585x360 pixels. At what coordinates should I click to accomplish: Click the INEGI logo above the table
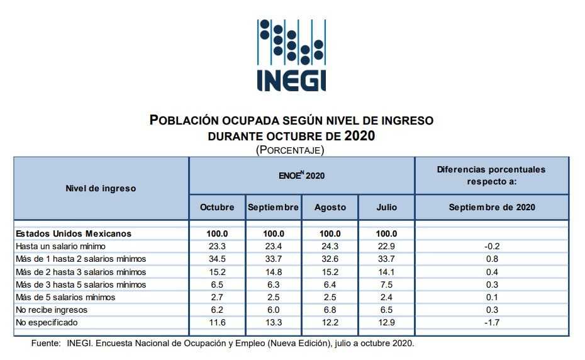(292, 55)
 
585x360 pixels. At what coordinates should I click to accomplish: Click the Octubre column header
(217, 207)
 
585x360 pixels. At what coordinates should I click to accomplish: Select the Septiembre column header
(273, 207)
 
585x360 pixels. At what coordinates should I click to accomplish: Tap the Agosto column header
(330, 207)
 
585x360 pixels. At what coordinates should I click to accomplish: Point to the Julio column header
(386, 207)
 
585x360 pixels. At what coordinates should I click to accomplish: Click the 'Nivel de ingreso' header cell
(101, 188)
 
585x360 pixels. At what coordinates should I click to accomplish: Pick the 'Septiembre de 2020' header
(492, 207)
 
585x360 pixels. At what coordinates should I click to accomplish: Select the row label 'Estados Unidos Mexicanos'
(74, 233)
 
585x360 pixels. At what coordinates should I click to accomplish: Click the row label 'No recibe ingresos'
(52, 310)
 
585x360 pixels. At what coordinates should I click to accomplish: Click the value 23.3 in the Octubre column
(217, 246)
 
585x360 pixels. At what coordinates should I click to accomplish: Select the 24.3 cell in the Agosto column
(330, 246)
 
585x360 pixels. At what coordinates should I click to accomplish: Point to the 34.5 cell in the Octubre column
(217, 259)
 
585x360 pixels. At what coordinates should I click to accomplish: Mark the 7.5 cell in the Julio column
(386, 284)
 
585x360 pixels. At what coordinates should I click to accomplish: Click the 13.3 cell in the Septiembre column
(273, 322)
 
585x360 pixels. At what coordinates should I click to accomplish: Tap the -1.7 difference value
(492, 322)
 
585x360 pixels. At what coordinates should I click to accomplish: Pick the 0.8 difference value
(492, 259)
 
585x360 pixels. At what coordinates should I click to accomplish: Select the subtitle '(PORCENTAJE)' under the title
(290, 150)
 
